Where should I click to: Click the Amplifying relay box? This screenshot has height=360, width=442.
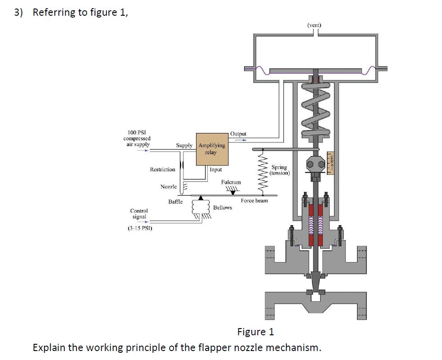[212, 149]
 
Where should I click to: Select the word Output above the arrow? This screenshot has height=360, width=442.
[238, 133]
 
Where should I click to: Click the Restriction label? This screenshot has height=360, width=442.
[162, 169]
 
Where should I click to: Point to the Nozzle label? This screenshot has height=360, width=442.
[169, 187]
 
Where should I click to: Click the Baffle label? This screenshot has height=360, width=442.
[175, 202]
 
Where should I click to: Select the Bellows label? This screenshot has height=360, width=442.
[223, 208]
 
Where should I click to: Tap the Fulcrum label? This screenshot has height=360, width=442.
[231, 182]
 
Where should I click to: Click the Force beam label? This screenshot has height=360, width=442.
[254, 200]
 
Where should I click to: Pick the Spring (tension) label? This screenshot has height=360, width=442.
[279, 170]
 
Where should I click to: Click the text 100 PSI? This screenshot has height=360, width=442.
[137, 133]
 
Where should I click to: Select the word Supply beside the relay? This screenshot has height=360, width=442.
[184, 145]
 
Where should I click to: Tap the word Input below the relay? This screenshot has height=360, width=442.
[216, 170]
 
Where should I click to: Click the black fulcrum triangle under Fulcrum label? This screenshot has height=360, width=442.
[232, 192]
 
